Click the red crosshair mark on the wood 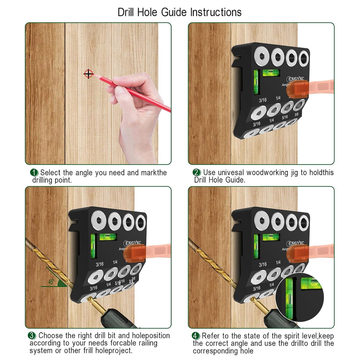(89, 74)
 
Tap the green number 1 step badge (34, 173)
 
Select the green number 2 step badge (197, 173)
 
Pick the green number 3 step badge (32, 336)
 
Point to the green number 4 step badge (196, 336)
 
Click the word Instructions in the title (216, 12)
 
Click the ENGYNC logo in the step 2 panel (296, 79)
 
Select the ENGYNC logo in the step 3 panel (133, 243)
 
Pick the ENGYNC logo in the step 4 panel (296, 243)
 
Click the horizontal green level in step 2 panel (269, 73)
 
